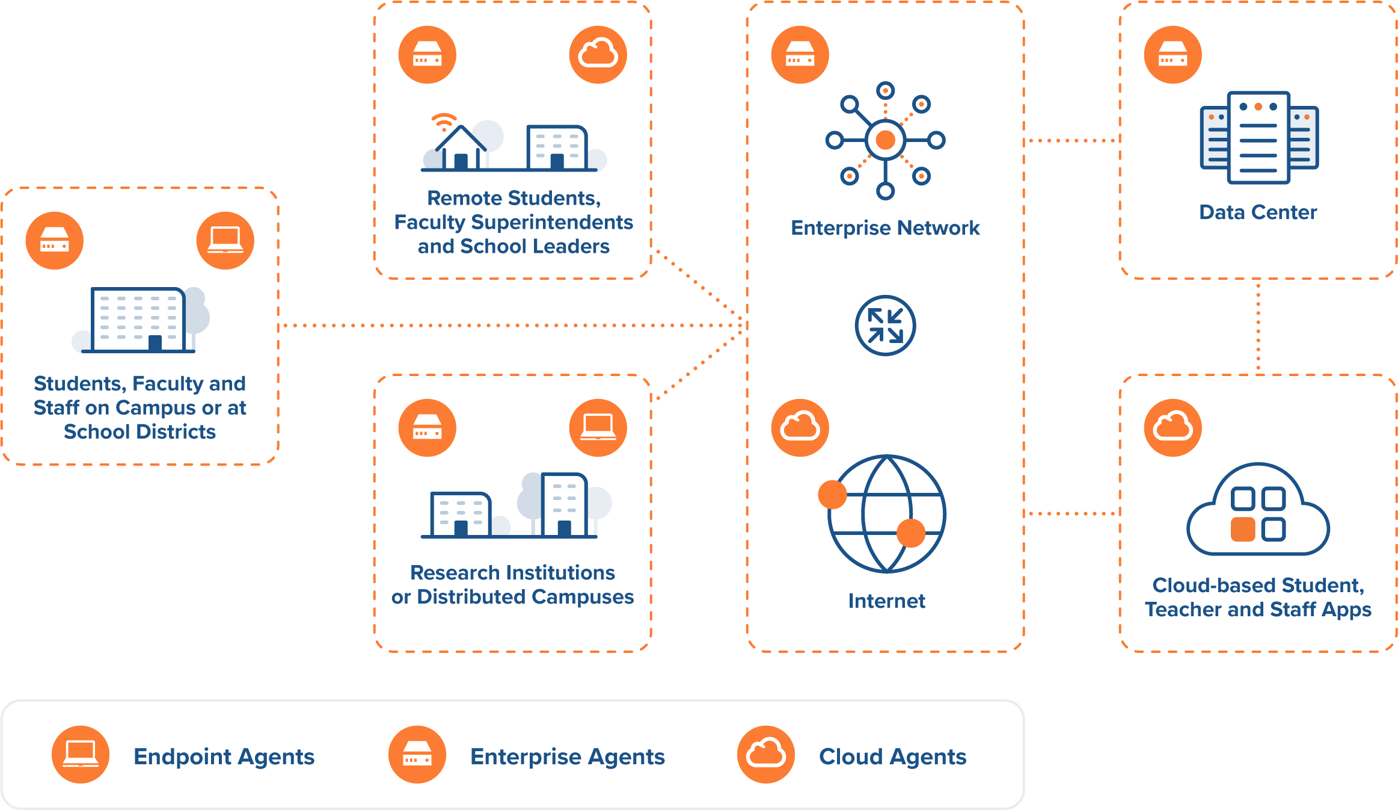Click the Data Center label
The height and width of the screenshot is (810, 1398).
pos(1258,212)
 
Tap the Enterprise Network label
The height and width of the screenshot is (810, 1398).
pos(885,228)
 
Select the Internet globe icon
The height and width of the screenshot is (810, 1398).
pos(886,513)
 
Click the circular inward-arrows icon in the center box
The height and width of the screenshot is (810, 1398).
pos(885,326)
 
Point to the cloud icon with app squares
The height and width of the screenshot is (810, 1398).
pos(1258,511)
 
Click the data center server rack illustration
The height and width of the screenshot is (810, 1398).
pos(1259,138)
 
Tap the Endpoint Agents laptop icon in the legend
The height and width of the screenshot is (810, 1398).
pos(81,754)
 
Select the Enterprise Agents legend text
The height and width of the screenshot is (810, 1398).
pos(568,756)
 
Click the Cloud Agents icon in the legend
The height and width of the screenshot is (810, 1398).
pos(766,754)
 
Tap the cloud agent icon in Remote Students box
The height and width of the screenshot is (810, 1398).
pos(598,55)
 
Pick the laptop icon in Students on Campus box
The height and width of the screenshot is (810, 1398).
pos(225,240)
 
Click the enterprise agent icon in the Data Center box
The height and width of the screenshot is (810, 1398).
pos(1173,55)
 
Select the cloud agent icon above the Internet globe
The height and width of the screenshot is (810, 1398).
pos(800,428)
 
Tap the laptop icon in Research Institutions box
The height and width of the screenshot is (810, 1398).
pos(598,428)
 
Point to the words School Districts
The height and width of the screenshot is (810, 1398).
pos(139,431)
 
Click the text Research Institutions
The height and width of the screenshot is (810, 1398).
pos(512,572)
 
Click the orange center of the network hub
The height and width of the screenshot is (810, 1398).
pos(885,140)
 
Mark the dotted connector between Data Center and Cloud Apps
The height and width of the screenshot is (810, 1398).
pos(1258,327)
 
